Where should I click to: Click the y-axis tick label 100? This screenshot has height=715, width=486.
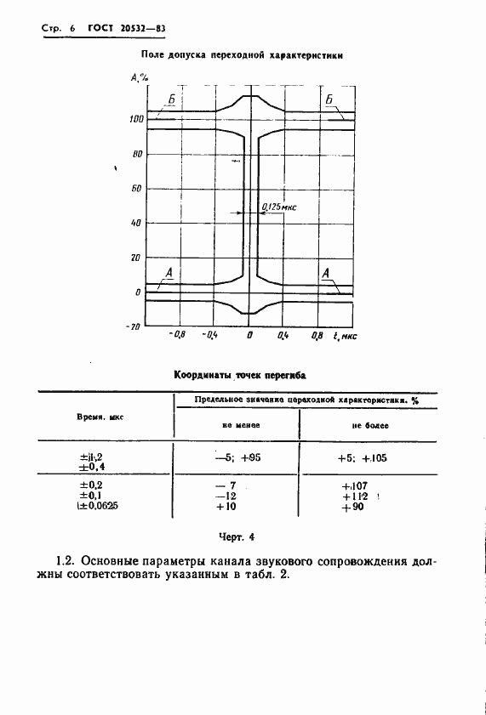pyautogui.click(x=136, y=120)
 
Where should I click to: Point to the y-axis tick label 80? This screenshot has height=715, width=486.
pyautogui.click(x=136, y=154)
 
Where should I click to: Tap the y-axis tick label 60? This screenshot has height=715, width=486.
pyautogui.click(x=136, y=189)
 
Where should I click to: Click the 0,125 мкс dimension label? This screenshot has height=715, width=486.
pyautogui.click(x=276, y=206)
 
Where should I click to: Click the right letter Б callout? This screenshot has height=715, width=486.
pyautogui.click(x=328, y=100)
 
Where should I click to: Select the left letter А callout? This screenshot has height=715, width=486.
pyautogui.click(x=169, y=273)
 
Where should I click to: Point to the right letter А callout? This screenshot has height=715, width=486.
pyautogui.click(x=325, y=273)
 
